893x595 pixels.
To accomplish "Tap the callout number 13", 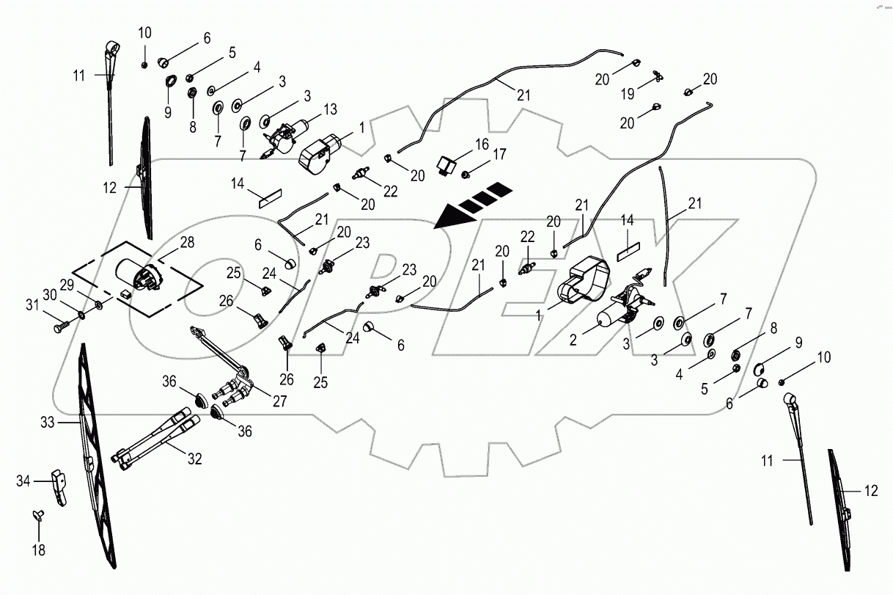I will coord(330,109).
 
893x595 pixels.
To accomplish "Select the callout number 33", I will coord(48,423).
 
